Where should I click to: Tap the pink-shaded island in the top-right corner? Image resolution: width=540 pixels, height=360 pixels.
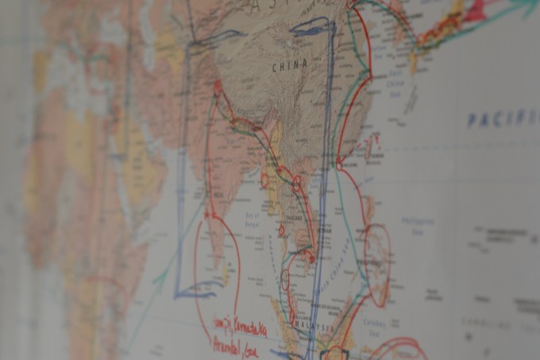click(x=476, y=10)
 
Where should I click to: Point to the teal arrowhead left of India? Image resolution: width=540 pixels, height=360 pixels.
click(x=160, y=279)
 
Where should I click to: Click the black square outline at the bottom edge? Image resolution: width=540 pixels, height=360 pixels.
click(x=334, y=353)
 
